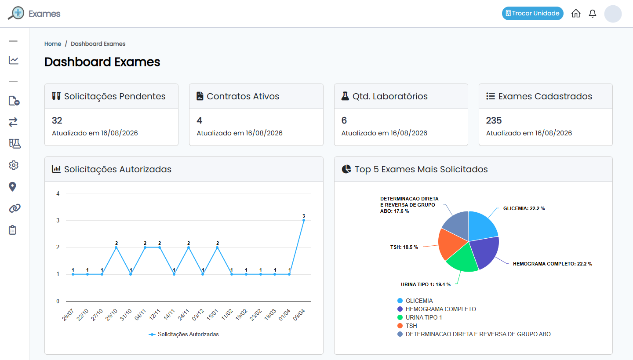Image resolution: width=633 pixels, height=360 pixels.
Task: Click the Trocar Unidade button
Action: tap(532, 13)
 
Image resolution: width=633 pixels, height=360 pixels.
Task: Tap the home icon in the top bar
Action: tap(576, 13)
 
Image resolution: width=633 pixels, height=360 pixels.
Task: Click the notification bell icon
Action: tap(592, 13)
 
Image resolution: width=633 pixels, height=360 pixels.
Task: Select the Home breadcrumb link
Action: tap(53, 44)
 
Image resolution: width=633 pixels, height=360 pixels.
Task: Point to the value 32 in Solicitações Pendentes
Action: tap(57, 120)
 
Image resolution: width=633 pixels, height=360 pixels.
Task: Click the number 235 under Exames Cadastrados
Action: tap(494, 120)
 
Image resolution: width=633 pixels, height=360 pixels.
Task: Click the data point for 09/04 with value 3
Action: tap(304, 220)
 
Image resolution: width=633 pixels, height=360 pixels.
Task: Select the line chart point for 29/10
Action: tap(116, 247)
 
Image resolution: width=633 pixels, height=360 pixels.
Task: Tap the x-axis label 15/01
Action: tap(212, 315)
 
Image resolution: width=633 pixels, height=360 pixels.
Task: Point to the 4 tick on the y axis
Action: tap(58, 193)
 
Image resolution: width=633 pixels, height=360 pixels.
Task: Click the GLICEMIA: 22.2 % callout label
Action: tap(524, 208)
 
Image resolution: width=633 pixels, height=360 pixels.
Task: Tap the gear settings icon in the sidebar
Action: tap(14, 165)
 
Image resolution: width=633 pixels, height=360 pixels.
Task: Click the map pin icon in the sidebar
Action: tap(12, 187)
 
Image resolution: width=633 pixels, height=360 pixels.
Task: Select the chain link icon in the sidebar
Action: tap(15, 208)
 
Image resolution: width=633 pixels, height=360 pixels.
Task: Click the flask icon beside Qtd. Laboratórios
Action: tap(345, 96)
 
